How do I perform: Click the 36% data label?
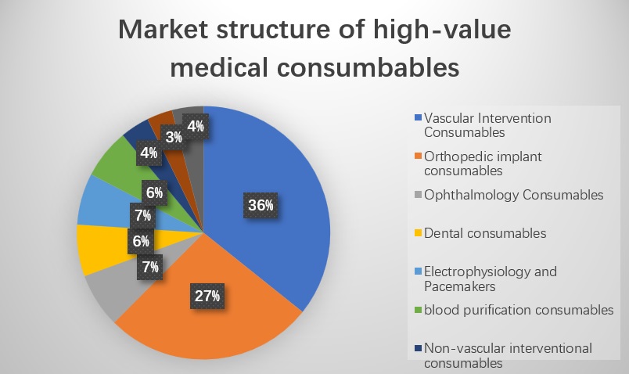[x=261, y=206]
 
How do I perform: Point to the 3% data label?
[x=174, y=138]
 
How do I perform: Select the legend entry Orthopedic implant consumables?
[x=482, y=163]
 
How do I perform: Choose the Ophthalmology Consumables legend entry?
[x=513, y=195]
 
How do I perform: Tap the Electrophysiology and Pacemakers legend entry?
[x=490, y=278]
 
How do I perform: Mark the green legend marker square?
[x=419, y=311]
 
